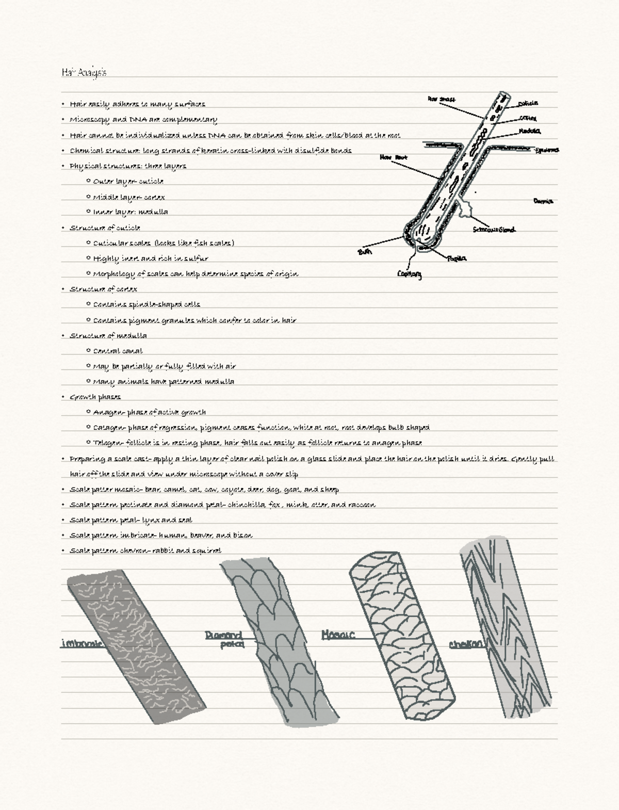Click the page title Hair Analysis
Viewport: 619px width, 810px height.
pos(84,72)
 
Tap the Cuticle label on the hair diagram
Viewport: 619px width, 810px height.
pos(528,104)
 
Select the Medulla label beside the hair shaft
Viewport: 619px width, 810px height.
pos(530,131)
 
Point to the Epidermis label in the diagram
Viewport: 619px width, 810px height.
pos(547,150)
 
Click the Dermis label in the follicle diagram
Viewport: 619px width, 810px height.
pos(543,201)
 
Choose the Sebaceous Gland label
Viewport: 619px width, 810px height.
pos(494,230)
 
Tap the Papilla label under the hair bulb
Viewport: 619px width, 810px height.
pos(457,258)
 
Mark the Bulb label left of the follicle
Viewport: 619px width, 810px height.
pos(364,252)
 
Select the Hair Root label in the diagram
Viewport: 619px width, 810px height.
pos(394,157)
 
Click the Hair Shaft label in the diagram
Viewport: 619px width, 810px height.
pos(441,99)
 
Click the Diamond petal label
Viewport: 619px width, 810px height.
pos(225,639)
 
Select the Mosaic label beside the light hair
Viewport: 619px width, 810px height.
pos(338,635)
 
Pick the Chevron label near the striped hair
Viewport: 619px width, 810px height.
pos(466,644)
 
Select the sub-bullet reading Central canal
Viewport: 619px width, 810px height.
pos(118,351)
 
